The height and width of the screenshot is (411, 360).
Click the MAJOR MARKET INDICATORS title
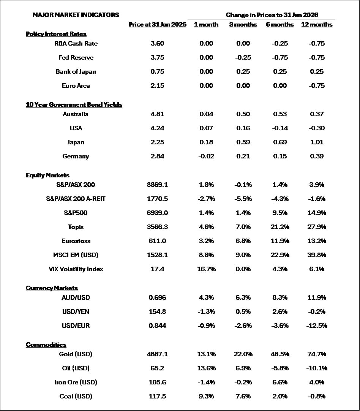(x=76, y=15)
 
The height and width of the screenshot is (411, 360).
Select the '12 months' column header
(x=317, y=25)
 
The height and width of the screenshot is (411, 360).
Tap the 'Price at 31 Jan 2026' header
(x=157, y=25)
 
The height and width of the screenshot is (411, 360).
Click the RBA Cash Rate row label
(x=76, y=43)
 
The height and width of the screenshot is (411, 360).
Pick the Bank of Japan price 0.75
(x=157, y=71)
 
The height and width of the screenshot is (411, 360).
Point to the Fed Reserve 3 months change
(x=243, y=57)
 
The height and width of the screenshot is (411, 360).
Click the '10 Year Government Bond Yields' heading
(x=74, y=104)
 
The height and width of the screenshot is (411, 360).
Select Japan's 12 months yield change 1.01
(x=317, y=142)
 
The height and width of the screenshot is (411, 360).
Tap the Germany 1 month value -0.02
(x=206, y=156)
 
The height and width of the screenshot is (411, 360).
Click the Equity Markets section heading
(x=47, y=175)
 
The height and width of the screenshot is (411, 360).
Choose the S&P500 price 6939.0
(x=157, y=213)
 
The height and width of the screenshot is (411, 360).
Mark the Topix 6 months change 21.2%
(x=280, y=227)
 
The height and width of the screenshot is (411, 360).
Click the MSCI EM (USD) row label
(x=76, y=255)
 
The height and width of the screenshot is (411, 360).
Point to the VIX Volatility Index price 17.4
(x=157, y=269)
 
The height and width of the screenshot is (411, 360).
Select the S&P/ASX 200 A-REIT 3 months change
(x=243, y=199)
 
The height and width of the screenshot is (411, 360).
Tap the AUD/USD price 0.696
(x=157, y=297)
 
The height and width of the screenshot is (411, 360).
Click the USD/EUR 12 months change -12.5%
(x=317, y=326)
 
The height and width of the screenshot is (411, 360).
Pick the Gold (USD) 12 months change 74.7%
(x=317, y=354)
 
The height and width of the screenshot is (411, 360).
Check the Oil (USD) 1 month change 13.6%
(x=206, y=368)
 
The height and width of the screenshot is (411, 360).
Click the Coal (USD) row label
(x=76, y=396)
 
